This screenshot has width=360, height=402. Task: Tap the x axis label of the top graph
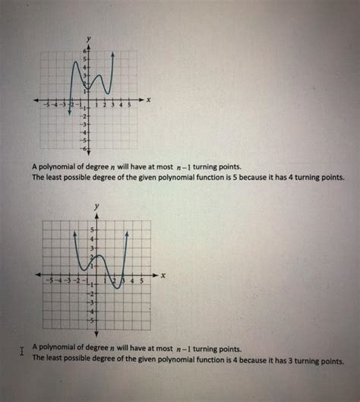click(149, 100)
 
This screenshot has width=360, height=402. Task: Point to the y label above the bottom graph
click(96, 206)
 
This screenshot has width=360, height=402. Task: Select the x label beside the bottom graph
click(163, 274)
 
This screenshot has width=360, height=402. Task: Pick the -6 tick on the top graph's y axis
click(85, 150)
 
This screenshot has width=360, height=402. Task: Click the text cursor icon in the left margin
click(22, 351)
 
